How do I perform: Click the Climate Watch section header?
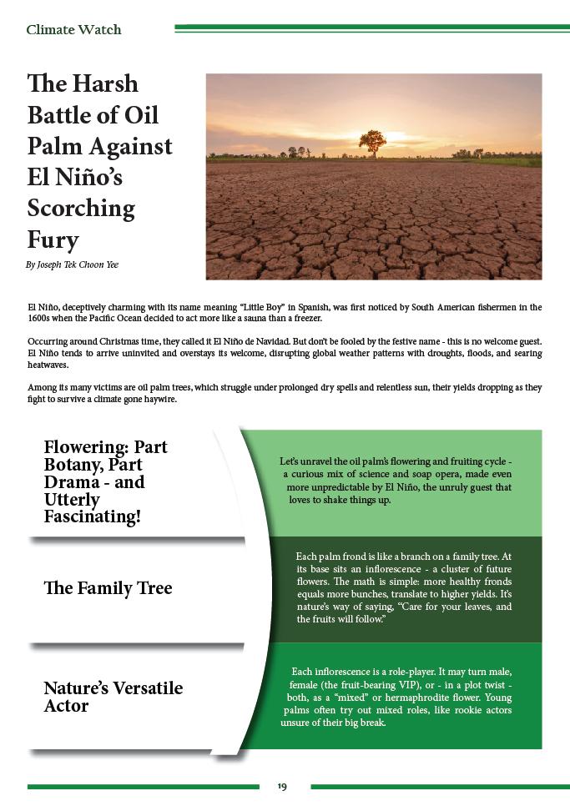point(73,30)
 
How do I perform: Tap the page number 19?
point(282,787)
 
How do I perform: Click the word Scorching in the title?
point(81,208)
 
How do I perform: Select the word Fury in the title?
point(53,239)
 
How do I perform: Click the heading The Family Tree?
point(108,588)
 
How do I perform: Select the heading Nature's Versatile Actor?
point(113,697)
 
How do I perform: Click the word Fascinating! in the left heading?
point(92,517)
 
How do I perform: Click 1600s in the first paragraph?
point(41,319)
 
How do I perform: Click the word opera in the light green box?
point(439,474)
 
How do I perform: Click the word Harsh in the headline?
point(104,83)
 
